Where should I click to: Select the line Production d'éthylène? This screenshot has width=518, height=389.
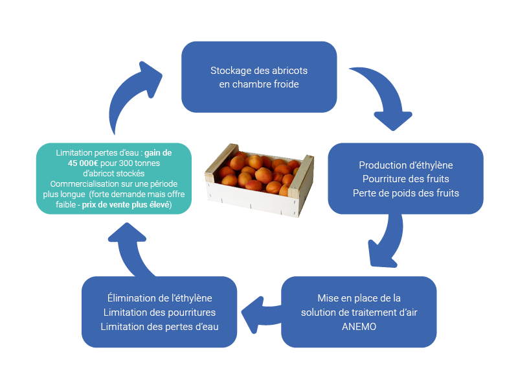[406, 165]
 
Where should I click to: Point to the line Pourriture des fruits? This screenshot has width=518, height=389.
[406, 179]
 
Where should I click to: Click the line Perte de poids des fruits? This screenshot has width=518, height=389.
[406, 193]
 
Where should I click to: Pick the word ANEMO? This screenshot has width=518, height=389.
[359, 327]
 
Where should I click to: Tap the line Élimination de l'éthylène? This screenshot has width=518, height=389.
[159, 298]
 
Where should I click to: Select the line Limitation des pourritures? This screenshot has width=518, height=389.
[159, 312]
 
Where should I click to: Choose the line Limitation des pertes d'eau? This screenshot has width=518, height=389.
[159, 327]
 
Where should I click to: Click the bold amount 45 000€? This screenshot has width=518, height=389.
[83, 163]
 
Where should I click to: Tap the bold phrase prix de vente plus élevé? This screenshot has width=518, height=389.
[126, 205]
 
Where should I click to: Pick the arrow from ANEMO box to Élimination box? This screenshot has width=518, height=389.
[261, 314]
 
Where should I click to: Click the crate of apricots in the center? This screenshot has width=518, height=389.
[260, 180]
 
